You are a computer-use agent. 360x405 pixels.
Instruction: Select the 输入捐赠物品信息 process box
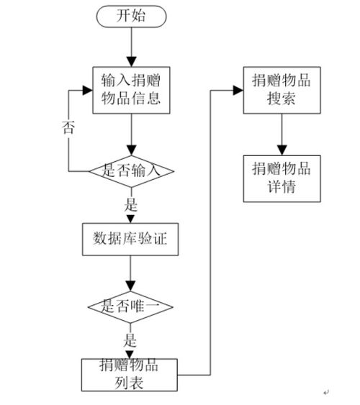coord(131,89)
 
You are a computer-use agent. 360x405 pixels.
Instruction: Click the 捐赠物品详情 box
coord(280,177)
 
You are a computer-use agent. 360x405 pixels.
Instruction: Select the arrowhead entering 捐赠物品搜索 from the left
coord(238,90)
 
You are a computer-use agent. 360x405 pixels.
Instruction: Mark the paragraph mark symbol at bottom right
coord(325,392)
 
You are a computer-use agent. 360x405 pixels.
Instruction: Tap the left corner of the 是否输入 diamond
coord(89,171)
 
